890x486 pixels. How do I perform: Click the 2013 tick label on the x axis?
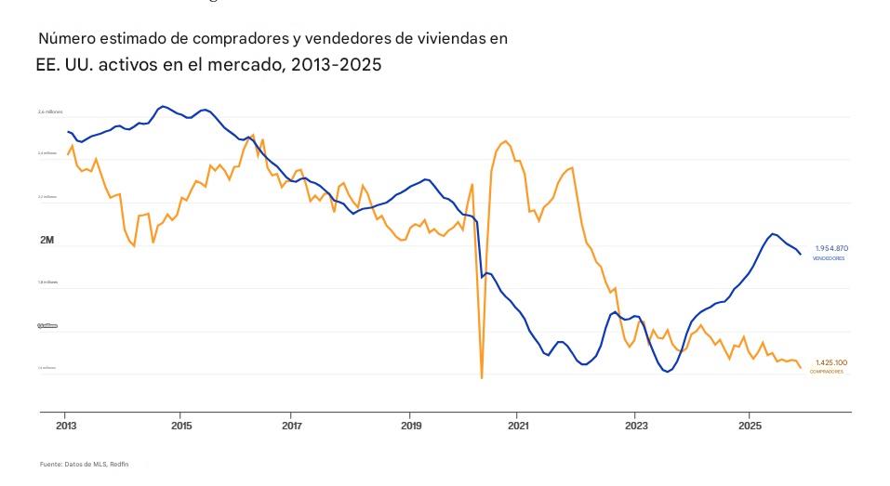pyautogui.click(x=65, y=425)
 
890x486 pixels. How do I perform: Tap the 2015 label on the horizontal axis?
pyautogui.click(x=181, y=425)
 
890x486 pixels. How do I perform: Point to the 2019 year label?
pyautogui.click(x=410, y=425)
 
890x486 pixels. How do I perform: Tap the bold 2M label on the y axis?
pyautogui.click(x=47, y=241)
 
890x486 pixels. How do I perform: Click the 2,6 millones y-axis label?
pyautogui.click(x=50, y=112)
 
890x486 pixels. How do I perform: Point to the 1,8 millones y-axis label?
pyautogui.click(x=47, y=282)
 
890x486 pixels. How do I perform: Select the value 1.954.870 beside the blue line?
pyautogui.click(x=831, y=248)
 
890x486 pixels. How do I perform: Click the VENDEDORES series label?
pyautogui.click(x=829, y=258)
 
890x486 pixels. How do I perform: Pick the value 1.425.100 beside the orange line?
pyautogui.click(x=831, y=362)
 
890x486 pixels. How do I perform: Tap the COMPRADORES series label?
pyautogui.click(x=827, y=372)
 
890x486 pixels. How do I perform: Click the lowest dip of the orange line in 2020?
pyautogui.click(x=482, y=377)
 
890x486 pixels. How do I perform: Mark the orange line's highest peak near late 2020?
pyautogui.click(x=505, y=141)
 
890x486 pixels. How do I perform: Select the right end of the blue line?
pyautogui.click(x=801, y=254)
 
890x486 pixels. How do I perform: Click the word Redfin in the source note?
pyautogui.click(x=119, y=464)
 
